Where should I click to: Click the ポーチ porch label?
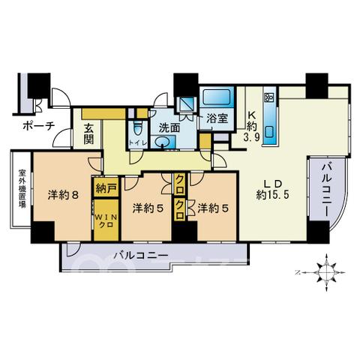pos(39,126)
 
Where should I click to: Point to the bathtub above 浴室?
pos(217,97)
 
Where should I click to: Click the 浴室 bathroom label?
pos(217,118)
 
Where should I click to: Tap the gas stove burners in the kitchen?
pos(269,97)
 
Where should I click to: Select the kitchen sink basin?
pos(269,132)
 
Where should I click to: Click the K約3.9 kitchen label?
pos(252,126)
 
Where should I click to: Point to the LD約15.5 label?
pos(273,190)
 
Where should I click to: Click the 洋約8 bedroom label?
pos(63,195)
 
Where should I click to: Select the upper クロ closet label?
pos(180,184)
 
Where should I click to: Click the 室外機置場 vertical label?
pos(22,189)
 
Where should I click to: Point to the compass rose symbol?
pos(326,272)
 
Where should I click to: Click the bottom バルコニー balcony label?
pos(141,256)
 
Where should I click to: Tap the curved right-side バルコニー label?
pos(326,190)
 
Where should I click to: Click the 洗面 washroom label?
pos(169,128)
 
